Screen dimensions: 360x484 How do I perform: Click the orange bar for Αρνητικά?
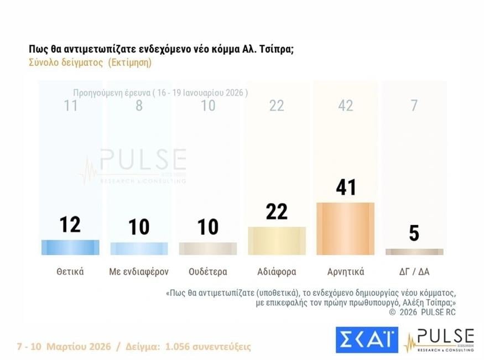coord(345,228)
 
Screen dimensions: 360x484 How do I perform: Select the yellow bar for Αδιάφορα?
coord(277,241)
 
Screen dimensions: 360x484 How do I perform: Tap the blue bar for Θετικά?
coord(70,247)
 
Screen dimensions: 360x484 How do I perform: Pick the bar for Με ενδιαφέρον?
coord(139,248)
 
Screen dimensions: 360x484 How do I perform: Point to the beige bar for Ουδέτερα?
coord(207,248)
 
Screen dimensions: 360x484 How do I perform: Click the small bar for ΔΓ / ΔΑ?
coord(414,252)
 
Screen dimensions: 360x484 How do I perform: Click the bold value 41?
coord(345,187)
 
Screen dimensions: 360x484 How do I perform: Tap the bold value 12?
coord(70,224)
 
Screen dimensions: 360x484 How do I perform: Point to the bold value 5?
coord(414,233)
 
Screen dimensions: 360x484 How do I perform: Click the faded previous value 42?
coord(345,106)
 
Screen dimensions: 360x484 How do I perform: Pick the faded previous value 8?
coord(139,106)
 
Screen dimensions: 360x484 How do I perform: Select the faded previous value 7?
coord(414,106)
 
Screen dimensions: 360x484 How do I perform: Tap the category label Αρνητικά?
coord(345,272)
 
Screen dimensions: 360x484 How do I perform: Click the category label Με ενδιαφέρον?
coord(139,272)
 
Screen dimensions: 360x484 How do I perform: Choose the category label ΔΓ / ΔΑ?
coord(414,272)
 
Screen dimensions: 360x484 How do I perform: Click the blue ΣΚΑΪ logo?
coord(366,340)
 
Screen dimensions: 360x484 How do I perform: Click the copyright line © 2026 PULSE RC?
coord(423,312)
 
